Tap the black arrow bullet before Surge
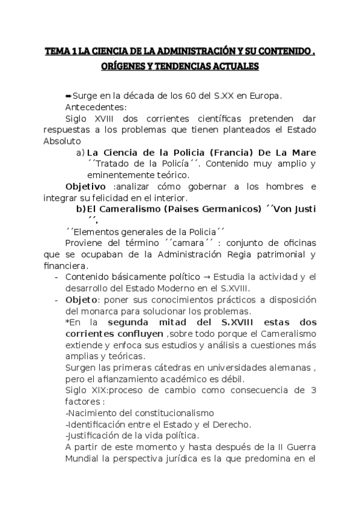[x=68, y=96]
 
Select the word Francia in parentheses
[x=230, y=153]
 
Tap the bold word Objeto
[x=81, y=300]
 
